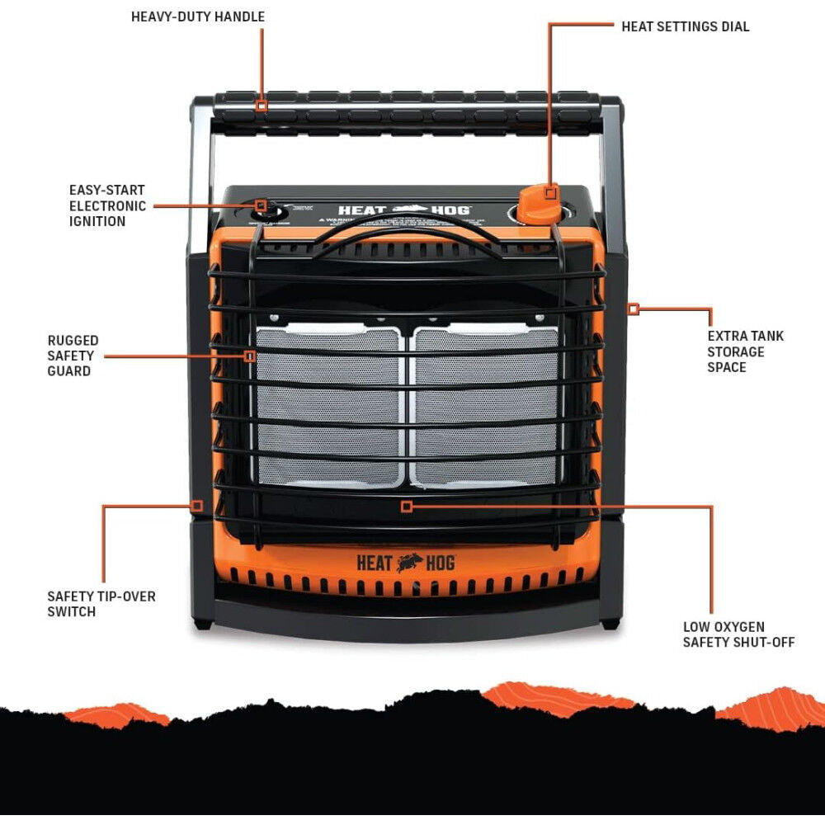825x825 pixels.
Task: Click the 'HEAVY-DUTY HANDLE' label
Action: pos(198,16)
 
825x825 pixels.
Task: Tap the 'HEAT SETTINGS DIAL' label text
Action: pos(685,26)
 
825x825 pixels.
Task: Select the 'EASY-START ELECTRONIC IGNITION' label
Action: pos(108,205)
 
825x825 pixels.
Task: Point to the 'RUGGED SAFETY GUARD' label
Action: pos(73,356)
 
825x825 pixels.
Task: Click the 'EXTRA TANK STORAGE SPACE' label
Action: pos(745,351)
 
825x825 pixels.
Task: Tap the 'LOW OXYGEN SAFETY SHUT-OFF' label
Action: pos(738,634)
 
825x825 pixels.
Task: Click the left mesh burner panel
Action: pos(329,406)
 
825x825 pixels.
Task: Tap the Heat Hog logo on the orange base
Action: pos(405,563)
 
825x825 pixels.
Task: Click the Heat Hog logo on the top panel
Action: pos(404,210)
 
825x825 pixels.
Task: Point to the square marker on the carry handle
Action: pos(262,106)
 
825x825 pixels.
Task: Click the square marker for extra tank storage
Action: pos(633,309)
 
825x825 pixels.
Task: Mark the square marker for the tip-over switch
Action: pos(197,506)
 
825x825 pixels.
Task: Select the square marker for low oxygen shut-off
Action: pos(406,506)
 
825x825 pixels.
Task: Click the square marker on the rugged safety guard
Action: pos(249,356)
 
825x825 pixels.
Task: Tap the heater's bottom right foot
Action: pos(610,623)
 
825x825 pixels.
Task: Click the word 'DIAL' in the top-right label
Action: pos(733,26)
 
